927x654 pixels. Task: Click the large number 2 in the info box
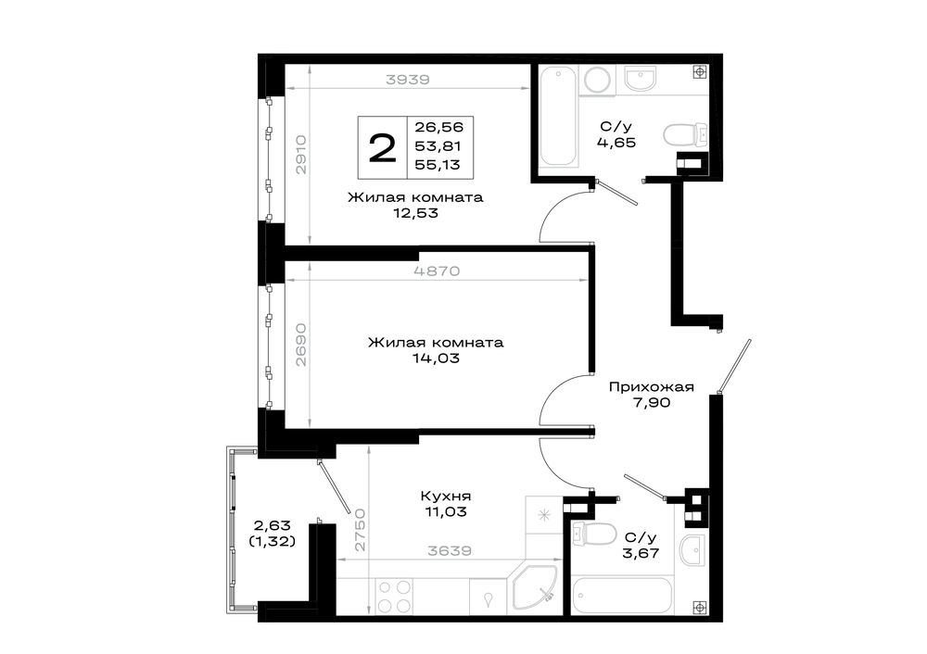tap(382, 147)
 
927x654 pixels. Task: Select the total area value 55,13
tap(438, 165)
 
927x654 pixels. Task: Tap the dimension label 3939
tap(407, 79)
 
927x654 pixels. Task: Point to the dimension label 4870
tap(437, 271)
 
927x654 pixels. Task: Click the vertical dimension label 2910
tap(301, 154)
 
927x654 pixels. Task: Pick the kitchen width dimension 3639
tap(450, 550)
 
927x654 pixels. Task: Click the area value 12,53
tap(416, 213)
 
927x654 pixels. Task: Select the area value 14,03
tap(437, 358)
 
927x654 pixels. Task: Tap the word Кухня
tap(446, 497)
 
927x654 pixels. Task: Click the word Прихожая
tap(651, 387)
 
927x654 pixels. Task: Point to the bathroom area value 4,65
tap(616, 143)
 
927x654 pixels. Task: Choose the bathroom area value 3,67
tap(641, 553)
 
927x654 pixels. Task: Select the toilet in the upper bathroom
tap(685, 134)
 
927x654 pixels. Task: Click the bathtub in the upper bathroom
tap(558, 116)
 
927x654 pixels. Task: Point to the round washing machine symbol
tap(598, 80)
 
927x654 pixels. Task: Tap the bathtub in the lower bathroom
tap(622, 596)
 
